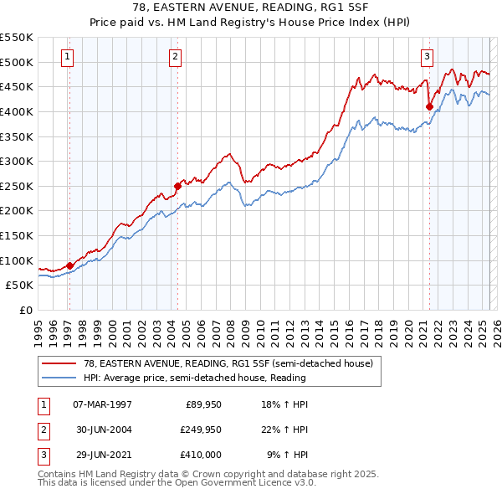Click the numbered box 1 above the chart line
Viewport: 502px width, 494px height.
coord(66,57)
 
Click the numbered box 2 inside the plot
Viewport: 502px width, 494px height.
coord(175,57)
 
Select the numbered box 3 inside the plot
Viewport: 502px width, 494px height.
coord(427,57)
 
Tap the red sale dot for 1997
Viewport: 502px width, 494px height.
coord(69,265)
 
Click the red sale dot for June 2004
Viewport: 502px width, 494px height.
coord(177,186)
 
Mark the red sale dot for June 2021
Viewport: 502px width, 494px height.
coord(429,106)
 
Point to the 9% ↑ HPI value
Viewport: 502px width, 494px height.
coord(287,455)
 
